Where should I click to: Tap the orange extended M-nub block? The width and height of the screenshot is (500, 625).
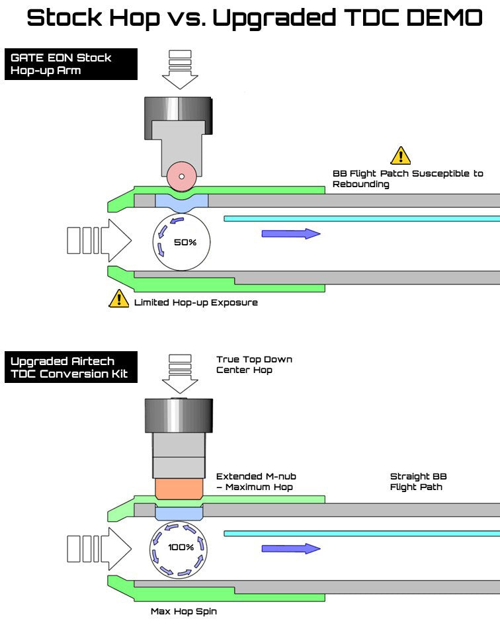pos(178,489)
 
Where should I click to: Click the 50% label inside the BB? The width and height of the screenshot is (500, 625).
pos(185,242)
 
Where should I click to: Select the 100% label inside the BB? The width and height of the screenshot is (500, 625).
pos(181,547)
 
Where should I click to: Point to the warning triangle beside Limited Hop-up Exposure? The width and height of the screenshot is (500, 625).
pos(118,299)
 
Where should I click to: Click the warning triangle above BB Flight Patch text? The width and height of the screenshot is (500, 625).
pos(401,156)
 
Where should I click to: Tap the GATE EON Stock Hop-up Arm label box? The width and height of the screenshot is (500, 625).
pos(71,64)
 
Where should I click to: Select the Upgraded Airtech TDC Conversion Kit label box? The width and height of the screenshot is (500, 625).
pos(71,368)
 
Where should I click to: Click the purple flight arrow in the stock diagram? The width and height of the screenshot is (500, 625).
pos(291,233)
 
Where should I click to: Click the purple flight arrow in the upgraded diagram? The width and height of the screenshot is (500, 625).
pos(291,548)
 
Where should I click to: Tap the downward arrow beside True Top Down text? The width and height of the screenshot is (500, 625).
pos(180,374)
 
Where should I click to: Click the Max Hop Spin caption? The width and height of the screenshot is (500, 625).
pos(183,611)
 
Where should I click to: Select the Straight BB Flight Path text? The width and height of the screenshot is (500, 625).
pos(418,481)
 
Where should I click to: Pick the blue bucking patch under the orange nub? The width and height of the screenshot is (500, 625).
pos(179,513)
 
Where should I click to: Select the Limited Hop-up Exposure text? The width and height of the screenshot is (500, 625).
pos(196,302)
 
